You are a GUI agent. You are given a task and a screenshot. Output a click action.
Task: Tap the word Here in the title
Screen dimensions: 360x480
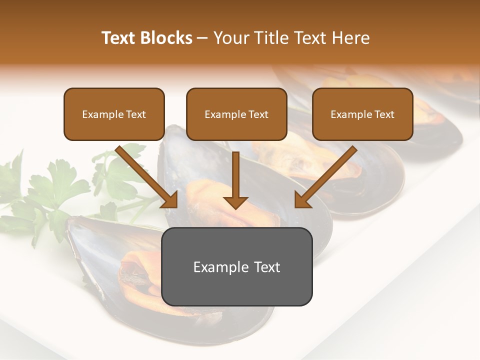351,38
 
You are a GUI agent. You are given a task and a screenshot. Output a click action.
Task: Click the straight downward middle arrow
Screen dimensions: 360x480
235,175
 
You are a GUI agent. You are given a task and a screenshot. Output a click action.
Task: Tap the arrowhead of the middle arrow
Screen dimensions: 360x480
235,202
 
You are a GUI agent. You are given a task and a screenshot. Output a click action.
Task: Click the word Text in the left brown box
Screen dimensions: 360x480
136,114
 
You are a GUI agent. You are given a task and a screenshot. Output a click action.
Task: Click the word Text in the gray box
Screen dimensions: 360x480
267,267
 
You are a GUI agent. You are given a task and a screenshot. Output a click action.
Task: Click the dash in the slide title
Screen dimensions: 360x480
202,38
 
